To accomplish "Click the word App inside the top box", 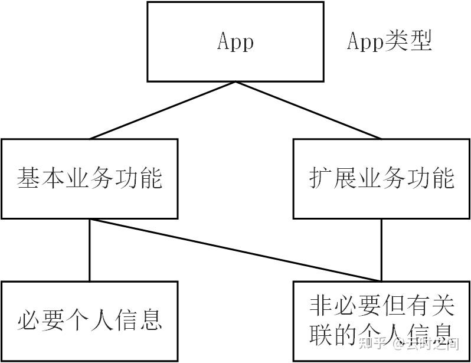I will pyautogui.click(x=235, y=42).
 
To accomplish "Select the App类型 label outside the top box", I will pyautogui.click(x=389, y=41).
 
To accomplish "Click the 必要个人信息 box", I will pyautogui.click(x=89, y=321).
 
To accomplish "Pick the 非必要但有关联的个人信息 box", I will pyautogui.click(x=381, y=321).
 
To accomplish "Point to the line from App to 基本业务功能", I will pyautogui.click(x=162, y=110).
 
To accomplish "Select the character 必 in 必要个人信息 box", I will pyautogui.click(x=28, y=321).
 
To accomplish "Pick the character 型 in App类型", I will pyautogui.click(x=421, y=41).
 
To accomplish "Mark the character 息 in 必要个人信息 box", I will pyautogui.click(x=151, y=321).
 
